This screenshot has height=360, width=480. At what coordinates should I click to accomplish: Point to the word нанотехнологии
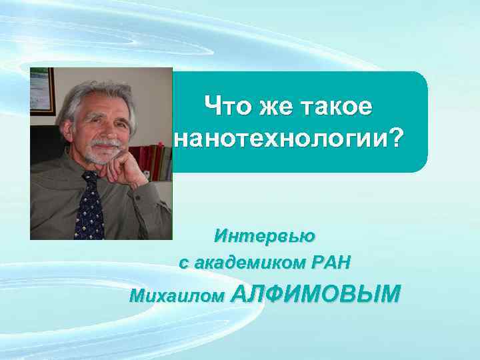pyautogui.click(x=279, y=139)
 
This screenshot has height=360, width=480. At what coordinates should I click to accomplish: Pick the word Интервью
pyautogui.click(x=265, y=236)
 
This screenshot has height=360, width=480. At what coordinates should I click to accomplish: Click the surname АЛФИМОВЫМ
pyautogui.click(x=315, y=293)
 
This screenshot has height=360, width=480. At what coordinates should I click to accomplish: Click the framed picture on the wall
pyautogui.click(x=41, y=91)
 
